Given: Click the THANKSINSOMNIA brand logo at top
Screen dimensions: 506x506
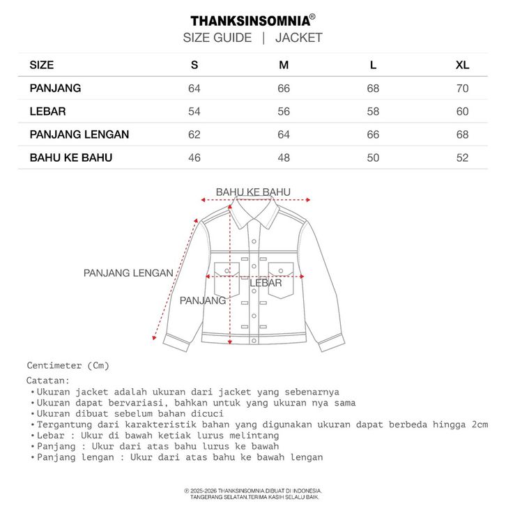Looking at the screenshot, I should point(252,20).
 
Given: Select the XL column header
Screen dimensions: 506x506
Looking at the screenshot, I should point(462,66).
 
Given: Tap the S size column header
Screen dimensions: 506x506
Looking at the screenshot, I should point(194,66).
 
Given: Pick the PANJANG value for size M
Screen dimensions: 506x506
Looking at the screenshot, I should point(284,89).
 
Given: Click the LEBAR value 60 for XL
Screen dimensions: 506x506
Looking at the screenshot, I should point(462,112).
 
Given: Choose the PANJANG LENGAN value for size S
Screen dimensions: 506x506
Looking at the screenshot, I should point(194,135).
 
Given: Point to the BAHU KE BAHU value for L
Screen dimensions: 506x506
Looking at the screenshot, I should point(373,158).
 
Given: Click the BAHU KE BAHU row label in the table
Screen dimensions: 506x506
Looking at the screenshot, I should point(70,158).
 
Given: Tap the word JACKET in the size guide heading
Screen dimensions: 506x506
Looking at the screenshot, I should point(298,38).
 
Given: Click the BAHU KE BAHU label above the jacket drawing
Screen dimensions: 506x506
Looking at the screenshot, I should point(253,192).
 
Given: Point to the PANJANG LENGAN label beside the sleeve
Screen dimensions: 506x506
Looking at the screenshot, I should point(128,273).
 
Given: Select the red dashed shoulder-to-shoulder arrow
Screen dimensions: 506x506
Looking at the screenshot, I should point(253,199).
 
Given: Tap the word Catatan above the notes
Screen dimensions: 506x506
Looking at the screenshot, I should point(48,381).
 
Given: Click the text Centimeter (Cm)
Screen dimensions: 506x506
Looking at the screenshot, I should point(68,365).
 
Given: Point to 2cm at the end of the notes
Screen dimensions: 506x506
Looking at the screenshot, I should point(480,424).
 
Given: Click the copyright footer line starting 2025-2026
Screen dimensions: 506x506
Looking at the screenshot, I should point(252,491).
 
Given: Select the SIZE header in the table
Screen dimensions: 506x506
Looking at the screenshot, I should point(42,66).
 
